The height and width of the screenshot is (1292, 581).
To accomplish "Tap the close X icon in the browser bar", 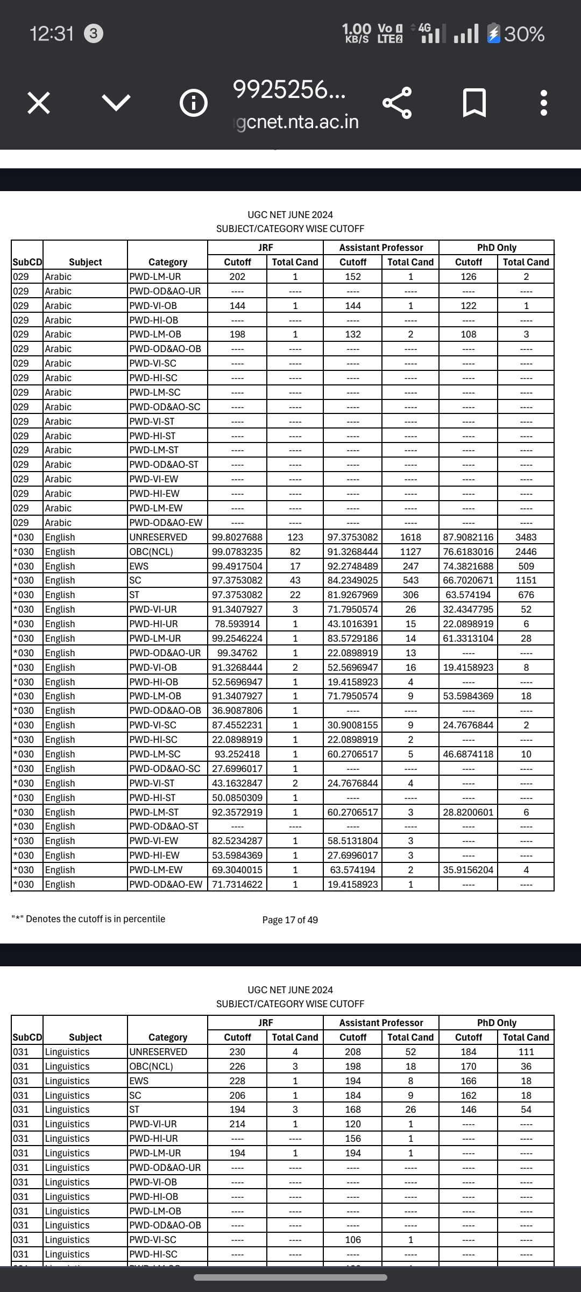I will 39,102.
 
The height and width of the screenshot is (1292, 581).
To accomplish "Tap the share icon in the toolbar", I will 397,102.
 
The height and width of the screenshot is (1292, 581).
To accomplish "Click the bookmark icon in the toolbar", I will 474,102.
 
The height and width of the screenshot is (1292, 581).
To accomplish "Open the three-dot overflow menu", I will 543,102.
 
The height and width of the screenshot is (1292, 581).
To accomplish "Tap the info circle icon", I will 194,102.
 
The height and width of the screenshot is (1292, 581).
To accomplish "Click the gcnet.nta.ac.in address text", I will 297,122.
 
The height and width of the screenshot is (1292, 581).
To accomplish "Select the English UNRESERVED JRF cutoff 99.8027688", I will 237,537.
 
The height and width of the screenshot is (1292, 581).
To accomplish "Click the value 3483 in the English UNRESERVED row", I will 526,537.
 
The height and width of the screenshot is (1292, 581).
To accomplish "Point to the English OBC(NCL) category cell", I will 151,552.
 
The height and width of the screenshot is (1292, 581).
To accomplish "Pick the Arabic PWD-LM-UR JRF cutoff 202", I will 237,277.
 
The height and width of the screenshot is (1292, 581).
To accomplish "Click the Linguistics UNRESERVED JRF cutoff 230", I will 237,1052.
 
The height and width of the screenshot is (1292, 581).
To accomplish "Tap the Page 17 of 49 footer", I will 290,920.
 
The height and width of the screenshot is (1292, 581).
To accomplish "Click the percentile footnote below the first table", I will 88,919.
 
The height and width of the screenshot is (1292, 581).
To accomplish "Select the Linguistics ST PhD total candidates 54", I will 526,1110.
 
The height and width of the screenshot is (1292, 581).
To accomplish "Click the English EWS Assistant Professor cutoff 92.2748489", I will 353,566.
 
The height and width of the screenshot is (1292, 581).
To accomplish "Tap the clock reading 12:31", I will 52,34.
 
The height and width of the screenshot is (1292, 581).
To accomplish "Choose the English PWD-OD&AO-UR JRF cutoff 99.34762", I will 237,653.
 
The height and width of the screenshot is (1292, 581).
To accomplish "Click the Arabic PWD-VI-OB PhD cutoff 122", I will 469,306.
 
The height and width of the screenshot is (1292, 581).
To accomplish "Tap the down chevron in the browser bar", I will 116,102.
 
